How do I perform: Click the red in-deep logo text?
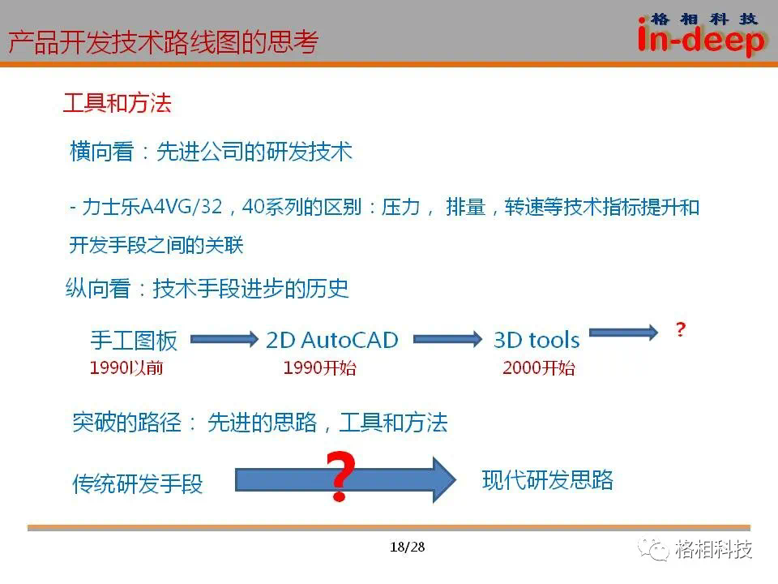[x=701, y=40]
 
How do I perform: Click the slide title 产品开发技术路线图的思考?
[x=163, y=42]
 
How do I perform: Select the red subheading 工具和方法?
[x=117, y=103]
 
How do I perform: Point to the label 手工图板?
[x=134, y=341]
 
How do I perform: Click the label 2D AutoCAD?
[x=332, y=341]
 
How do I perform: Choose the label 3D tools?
[x=536, y=341]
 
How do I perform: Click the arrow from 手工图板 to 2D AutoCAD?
[x=224, y=339]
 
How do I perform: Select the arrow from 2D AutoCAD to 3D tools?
[x=447, y=339]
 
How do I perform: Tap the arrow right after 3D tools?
[x=623, y=332]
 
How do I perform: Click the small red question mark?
[x=681, y=329]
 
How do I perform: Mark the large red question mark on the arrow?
[x=341, y=476]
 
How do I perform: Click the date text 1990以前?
[x=126, y=368]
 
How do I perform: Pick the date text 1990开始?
[x=319, y=368]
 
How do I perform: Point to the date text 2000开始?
[x=539, y=368]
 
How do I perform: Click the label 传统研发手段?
[x=138, y=483]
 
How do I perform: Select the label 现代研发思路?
[x=548, y=480]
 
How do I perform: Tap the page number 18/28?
[x=408, y=547]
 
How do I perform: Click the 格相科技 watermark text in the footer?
[x=713, y=549]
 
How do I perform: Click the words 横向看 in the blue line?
[x=102, y=152]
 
